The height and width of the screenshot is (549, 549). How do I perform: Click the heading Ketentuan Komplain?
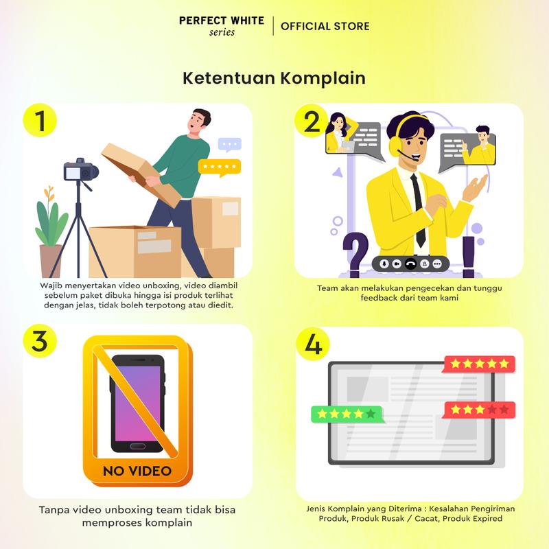coord(274,78)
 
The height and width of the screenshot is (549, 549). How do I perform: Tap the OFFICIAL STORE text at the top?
coord(325,26)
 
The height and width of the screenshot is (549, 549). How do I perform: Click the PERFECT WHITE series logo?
coord(222,26)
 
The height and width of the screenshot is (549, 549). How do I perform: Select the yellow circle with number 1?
coord(40,121)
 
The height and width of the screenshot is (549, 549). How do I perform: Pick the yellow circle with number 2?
coord(312,121)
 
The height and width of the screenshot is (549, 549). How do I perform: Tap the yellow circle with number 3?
coord(40,340)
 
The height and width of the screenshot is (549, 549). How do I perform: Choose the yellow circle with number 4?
coord(313,344)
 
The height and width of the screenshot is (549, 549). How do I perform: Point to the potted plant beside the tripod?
coord(50,232)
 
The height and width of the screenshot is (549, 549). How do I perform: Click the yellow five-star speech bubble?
coord(220,167)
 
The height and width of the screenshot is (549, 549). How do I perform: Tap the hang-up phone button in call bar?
coord(410,264)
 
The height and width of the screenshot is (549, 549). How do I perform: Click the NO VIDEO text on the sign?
coord(137,471)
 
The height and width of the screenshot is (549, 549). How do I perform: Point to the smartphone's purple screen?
coord(137,403)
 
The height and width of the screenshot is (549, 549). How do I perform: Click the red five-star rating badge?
coord(480,364)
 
